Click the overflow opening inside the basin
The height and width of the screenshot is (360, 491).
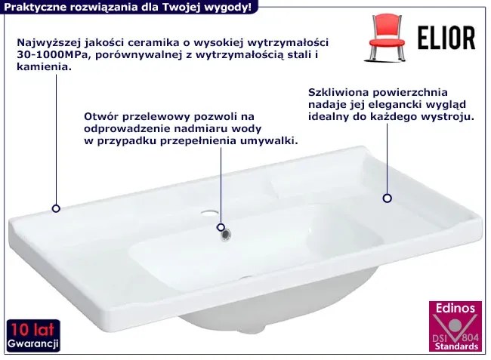coord(224,235)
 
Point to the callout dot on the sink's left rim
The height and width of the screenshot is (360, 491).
coord(56,208)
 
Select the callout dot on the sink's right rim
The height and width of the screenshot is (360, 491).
coord(387,198)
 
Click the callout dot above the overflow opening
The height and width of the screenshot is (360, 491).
coord(221,226)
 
